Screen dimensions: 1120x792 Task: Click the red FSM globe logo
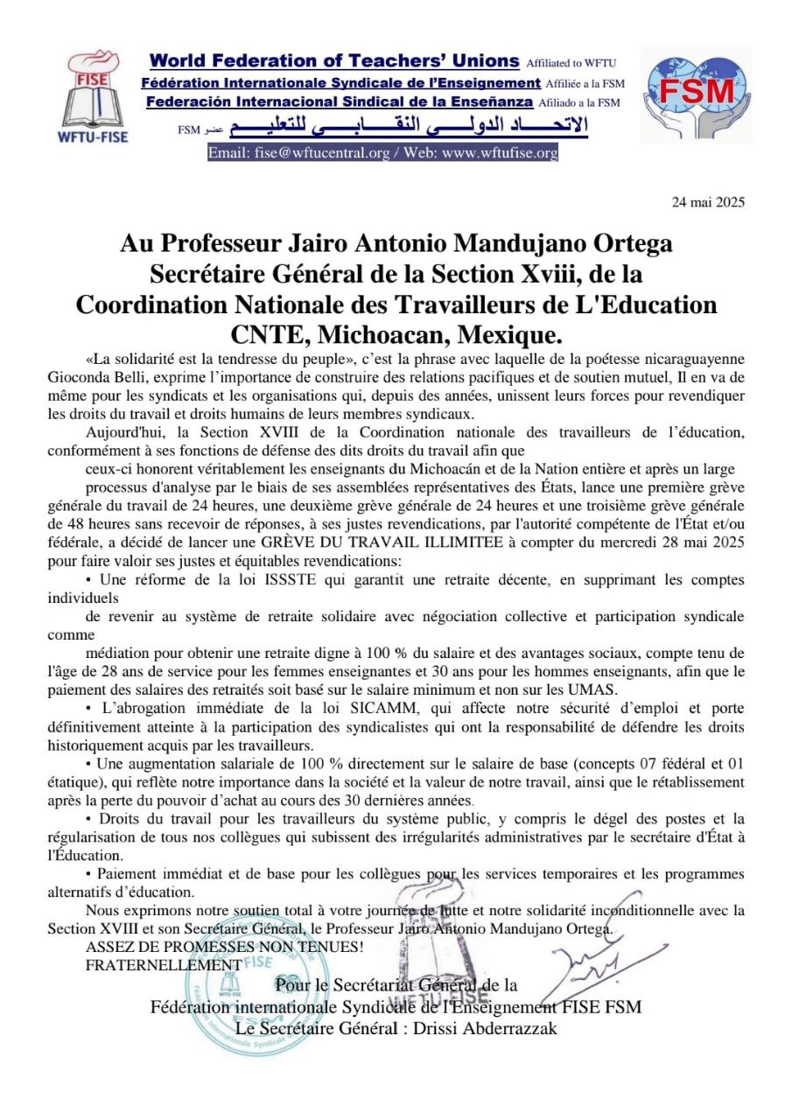[696, 94]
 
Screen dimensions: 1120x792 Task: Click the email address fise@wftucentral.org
[318, 153]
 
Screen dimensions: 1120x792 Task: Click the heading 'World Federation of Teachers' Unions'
[334, 61]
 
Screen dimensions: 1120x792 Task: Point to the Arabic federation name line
[398, 129]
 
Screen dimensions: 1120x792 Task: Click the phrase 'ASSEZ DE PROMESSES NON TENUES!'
[224, 948]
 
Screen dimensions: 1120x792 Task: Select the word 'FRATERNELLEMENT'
[164, 965]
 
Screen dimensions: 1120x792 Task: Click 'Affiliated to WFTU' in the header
[571, 63]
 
